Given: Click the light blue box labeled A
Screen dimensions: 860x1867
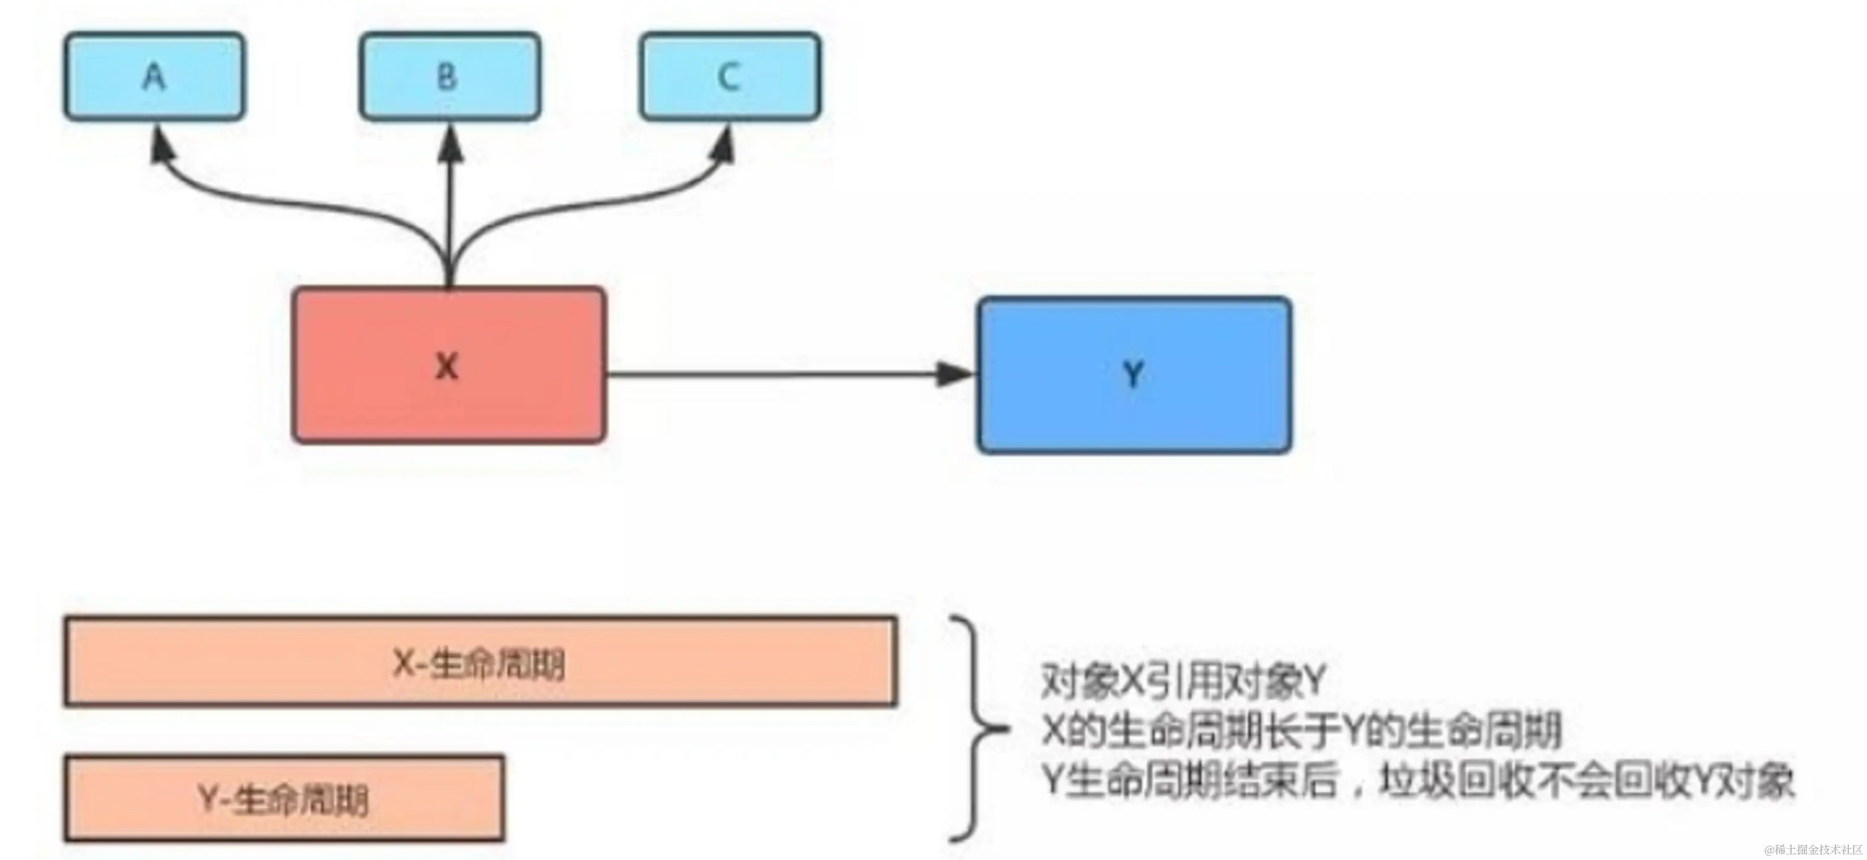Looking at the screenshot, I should click(x=154, y=76).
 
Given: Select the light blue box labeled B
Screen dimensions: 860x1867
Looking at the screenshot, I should click(x=449, y=76).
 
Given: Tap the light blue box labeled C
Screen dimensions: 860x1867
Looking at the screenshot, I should click(x=730, y=76).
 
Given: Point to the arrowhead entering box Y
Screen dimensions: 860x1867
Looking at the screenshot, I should click(x=955, y=375).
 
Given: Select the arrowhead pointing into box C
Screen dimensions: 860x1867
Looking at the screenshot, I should click(x=724, y=145).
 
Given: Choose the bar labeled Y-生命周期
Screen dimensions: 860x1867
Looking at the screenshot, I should click(x=284, y=798).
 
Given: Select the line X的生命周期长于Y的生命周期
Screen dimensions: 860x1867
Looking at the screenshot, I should click(x=1301, y=730).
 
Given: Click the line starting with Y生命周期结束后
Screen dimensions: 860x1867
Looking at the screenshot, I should click(x=1418, y=781).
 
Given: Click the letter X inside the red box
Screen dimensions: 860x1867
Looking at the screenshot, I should click(x=446, y=367).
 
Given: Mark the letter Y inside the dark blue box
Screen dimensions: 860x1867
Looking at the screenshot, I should click(x=1133, y=375).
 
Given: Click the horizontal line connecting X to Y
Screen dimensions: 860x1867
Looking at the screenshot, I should click(x=768, y=375).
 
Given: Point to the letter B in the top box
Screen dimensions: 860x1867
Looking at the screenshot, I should click(x=447, y=76).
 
